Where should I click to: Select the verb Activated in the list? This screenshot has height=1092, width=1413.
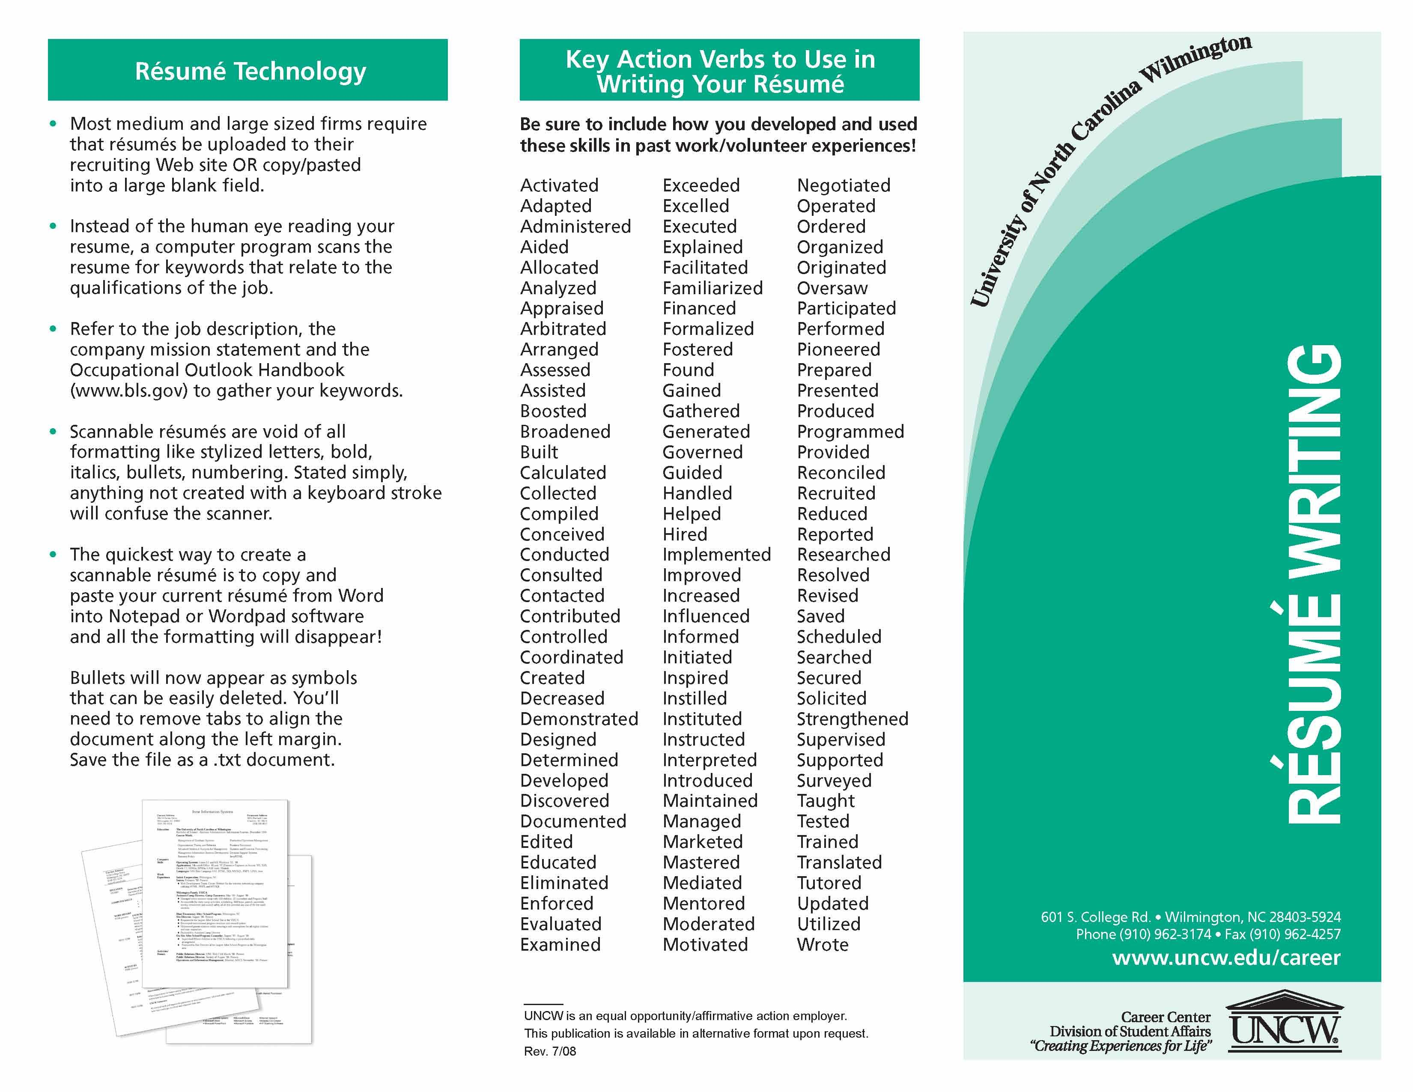[x=559, y=186]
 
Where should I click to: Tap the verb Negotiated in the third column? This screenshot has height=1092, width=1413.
[x=843, y=186]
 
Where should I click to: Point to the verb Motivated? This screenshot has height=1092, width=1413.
[x=704, y=945]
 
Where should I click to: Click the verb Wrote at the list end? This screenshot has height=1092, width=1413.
[x=822, y=945]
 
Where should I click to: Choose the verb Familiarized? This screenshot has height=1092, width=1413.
[x=712, y=288]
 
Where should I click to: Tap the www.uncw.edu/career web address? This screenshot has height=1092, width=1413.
[x=1226, y=958]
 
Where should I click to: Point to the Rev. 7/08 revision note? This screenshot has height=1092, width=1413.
[x=550, y=1051]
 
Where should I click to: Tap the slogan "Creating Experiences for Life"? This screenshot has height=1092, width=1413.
[x=1121, y=1046]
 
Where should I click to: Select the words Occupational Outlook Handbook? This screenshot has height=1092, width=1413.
[x=207, y=370]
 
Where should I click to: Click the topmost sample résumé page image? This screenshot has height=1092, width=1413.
[x=215, y=893]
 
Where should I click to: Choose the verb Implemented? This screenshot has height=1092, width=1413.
[x=716, y=555]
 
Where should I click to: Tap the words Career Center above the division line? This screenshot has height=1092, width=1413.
[x=1165, y=1017]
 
